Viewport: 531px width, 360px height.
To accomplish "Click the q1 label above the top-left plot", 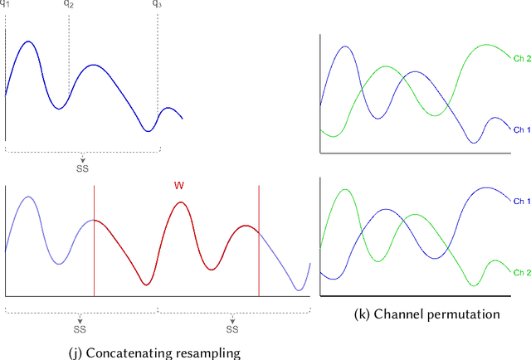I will click(x=7, y=4).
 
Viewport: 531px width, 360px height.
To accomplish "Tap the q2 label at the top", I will click(x=68, y=4).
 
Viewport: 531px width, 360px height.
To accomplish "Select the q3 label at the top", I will click(x=158, y=4).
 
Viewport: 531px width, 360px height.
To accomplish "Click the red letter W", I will click(x=178, y=186).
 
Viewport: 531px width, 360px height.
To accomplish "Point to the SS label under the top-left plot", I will click(x=81, y=168).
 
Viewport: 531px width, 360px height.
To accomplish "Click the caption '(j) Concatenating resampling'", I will click(x=153, y=353).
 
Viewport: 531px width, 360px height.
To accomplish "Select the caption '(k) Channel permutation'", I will click(x=426, y=314).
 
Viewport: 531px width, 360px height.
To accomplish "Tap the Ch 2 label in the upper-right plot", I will click(x=521, y=57).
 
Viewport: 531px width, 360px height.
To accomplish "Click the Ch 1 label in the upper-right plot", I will click(x=521, y=130).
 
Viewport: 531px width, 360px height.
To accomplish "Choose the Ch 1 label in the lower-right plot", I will click(x=521, y=201).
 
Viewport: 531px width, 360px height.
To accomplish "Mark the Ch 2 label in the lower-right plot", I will click(x=521, y=273).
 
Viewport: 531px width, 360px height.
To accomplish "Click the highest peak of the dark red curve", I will click(x=180, y=202).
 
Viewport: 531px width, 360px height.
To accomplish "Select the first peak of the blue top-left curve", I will click(x=27, y=41).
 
